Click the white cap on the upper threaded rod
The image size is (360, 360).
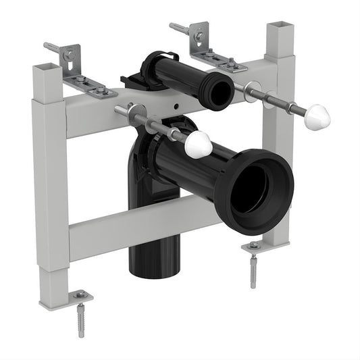(317, 117)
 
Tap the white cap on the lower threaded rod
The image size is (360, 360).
(199, 145)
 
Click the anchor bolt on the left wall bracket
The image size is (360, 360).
(54, 48)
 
